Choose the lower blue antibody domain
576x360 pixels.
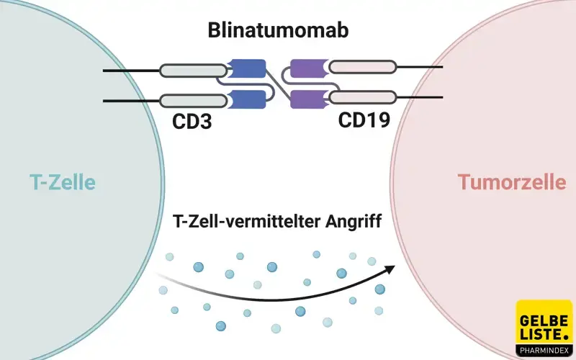(x=246, y=100)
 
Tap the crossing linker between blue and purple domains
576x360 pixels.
(x=278, y=84)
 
